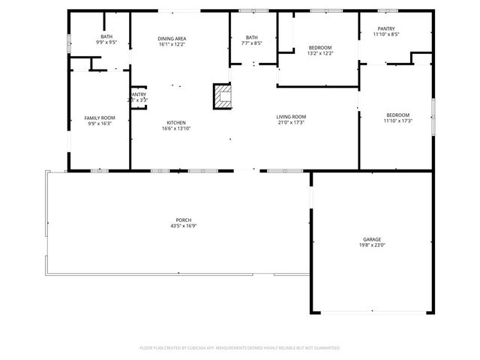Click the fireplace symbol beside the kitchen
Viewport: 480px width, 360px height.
(x=222, y=96)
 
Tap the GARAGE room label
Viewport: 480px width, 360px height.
(x=372, y=239)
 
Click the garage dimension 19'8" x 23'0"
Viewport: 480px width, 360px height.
(x=372, y=244)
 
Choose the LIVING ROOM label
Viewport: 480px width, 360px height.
(x=291, y=116)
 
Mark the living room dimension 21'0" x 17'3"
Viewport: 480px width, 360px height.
(x=291, y=122)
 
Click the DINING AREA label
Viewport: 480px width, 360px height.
(x=172, y=38)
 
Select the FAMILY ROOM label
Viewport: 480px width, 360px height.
(x=99, y=118)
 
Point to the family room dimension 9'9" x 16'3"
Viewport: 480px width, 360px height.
(x=99, y=123)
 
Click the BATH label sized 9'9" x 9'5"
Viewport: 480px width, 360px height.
(x=106, y=37)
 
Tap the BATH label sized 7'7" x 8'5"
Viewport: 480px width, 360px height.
(x=251, y=37)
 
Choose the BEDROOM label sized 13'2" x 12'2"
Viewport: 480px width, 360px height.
(x=320, y=47)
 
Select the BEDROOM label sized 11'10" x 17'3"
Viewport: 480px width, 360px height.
(x=398, y=115)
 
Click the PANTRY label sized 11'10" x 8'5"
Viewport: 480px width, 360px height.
(x=386, y=28)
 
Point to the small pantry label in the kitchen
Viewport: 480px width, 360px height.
(x=139, y=94)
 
